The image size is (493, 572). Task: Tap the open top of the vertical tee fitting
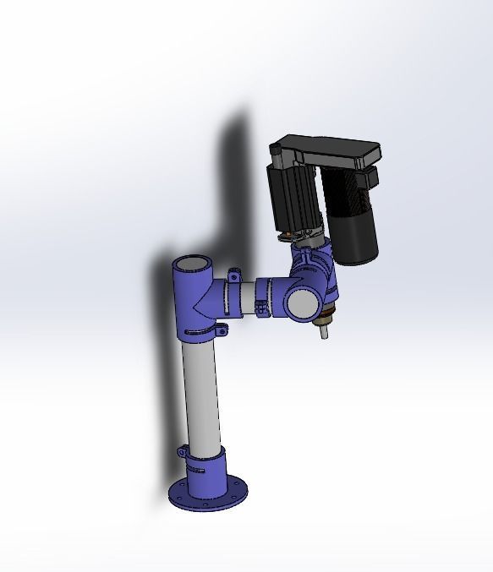coord(192,264)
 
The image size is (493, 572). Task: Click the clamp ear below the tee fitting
coord(224,329)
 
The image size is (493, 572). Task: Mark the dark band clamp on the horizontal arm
coord(263,297)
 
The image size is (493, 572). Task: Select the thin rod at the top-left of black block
coord(275,151)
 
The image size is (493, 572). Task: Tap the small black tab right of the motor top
coord(369,178)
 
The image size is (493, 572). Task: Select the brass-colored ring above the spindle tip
coord(322,318)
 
